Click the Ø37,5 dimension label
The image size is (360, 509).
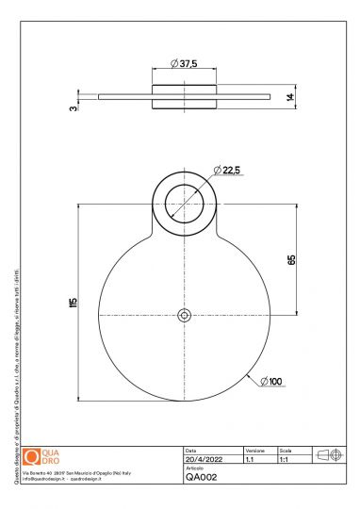[x=185, y=63]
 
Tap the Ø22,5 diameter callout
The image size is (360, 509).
[x=228, y=170]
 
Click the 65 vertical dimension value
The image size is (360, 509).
[x=291, y=259]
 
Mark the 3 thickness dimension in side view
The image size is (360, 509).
[x=73, y=107]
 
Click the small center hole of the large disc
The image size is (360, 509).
[x=185, y=315]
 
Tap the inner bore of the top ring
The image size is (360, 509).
[x=185, y=204]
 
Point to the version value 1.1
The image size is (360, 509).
[x=251, y=459]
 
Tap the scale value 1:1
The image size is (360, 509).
[x=285, y=459]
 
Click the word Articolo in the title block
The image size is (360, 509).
[x=195, y=468]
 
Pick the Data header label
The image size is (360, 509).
[x=191, y=451]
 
